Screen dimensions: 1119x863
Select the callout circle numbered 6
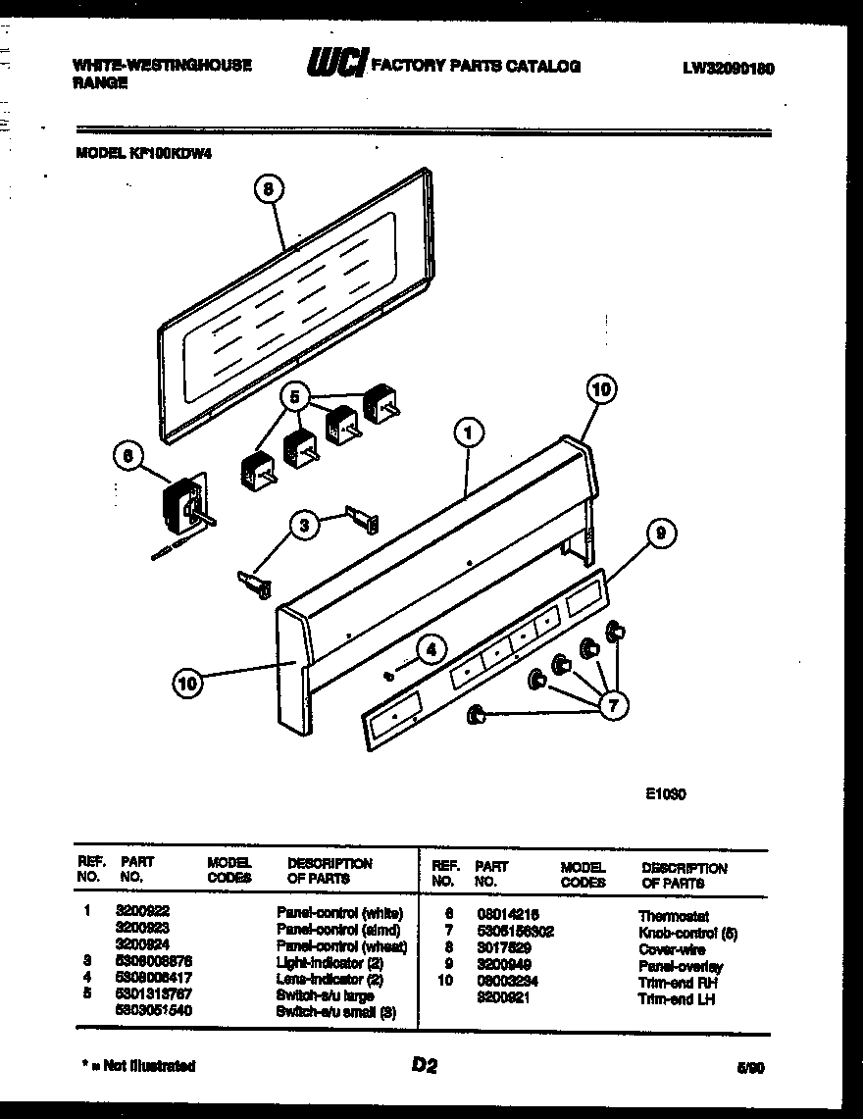[x=127, y=455]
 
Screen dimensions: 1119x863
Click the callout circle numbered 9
[x=661, y=534]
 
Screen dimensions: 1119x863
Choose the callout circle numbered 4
[x=430, y=648]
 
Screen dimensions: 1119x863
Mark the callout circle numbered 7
[x=615, y=703]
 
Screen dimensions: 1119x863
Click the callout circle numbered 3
[x=305, y=527]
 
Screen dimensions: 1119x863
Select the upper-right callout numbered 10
[x=602, y=390]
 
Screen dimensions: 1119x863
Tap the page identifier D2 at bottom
[x=424, y=1066]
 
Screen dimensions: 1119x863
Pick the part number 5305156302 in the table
[x=514, y=932]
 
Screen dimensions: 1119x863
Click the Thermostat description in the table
[x=674, y=916]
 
